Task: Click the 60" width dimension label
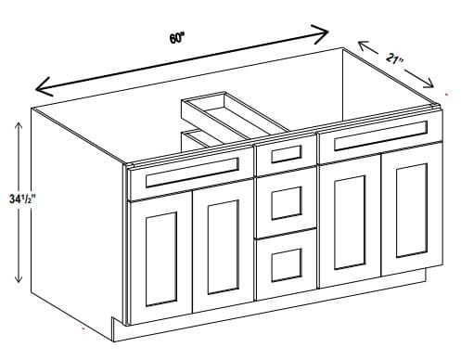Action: (176, 38)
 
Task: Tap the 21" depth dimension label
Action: (394, 59)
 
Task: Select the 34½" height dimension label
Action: (21, 199)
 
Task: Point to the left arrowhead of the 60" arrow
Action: (45, 87)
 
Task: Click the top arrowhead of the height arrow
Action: (19, 127)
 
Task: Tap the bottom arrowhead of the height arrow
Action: (19, 276)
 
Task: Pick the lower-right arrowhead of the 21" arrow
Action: (428, 83)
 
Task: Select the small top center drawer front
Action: (286, 154)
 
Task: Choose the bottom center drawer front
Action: (287, 264)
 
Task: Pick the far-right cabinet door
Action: (412, 211)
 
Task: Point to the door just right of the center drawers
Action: (350, 221)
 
